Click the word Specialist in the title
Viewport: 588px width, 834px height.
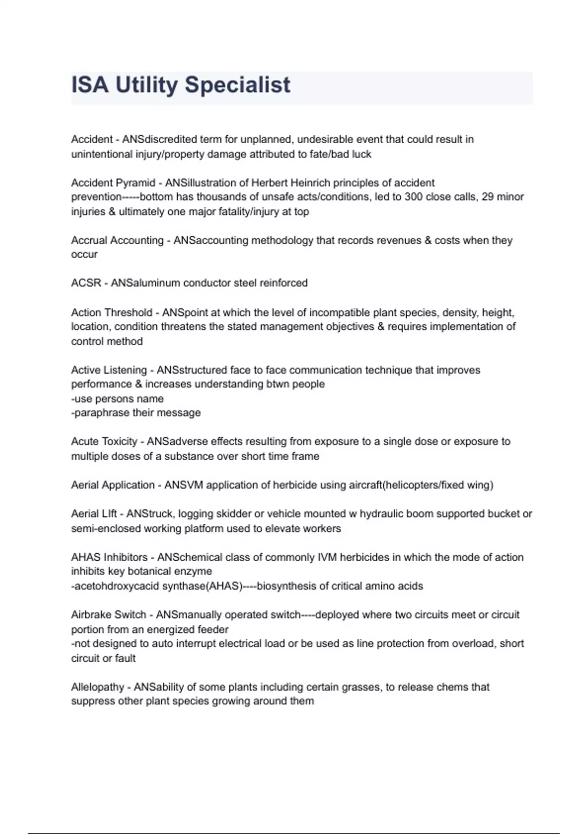pos(237,85)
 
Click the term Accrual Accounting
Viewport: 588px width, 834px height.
pos(117,240)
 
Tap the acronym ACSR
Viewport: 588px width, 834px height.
pos(86,283)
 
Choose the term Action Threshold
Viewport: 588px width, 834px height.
pos(112,313)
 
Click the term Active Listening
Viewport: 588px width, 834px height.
pos(109,370)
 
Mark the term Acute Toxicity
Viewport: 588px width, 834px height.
pos(104,442)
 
